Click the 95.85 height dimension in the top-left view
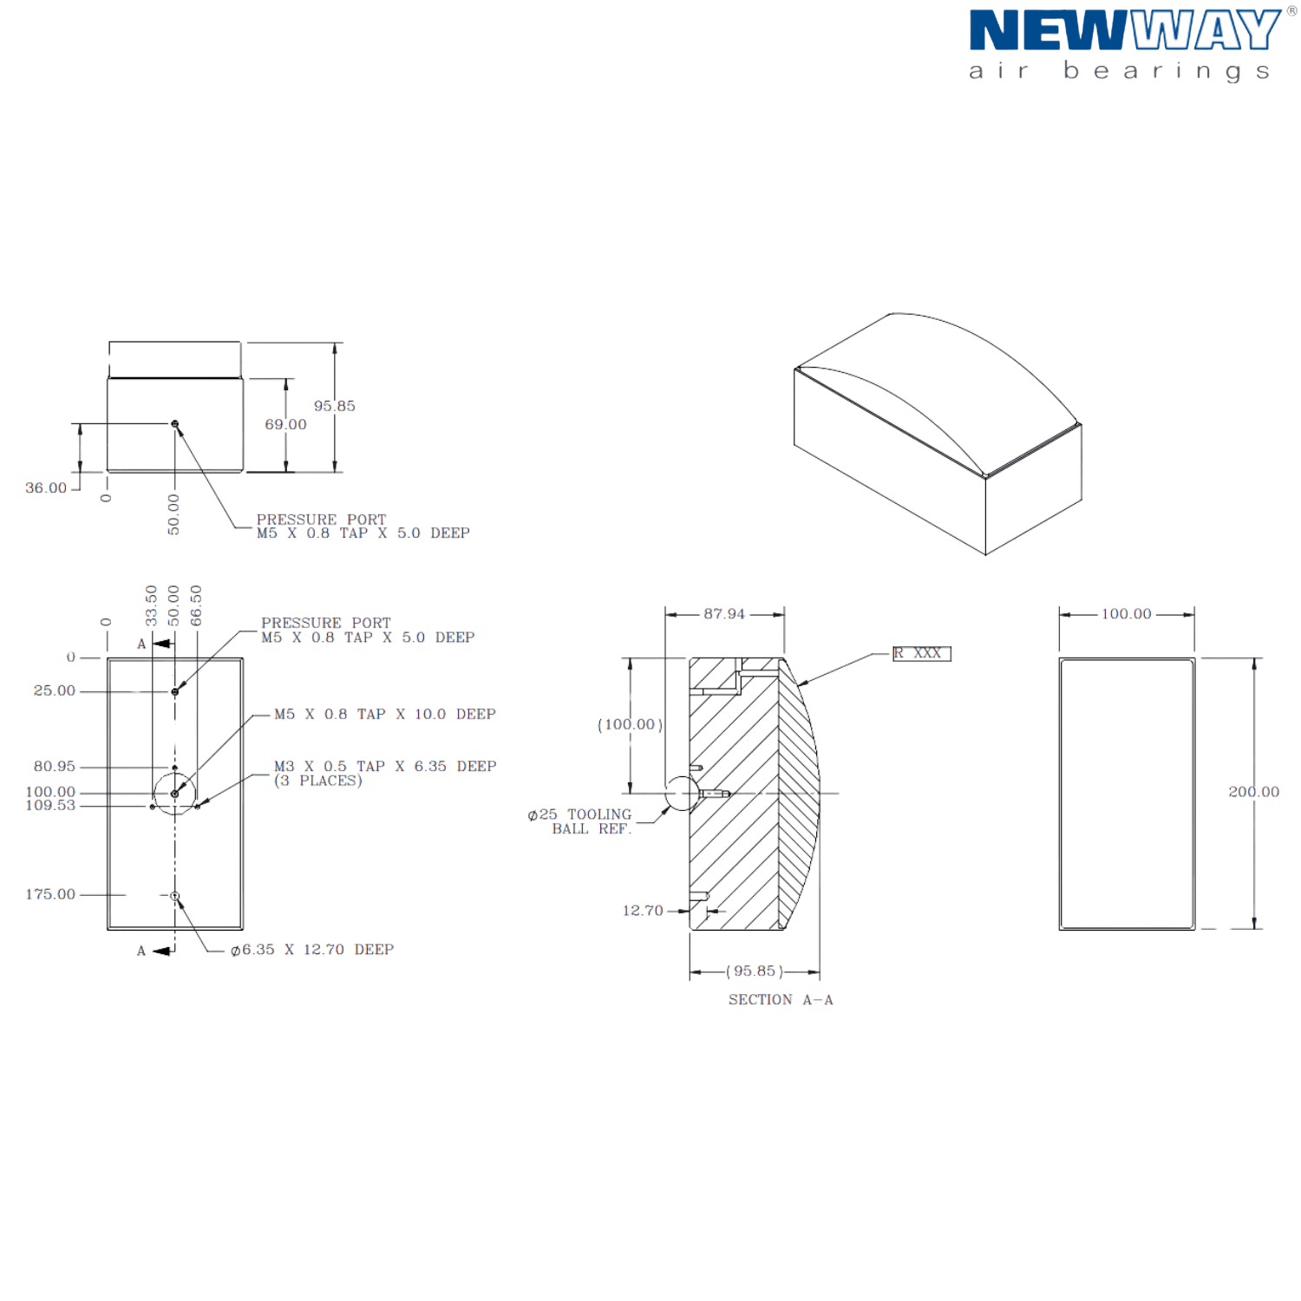click(335, 406)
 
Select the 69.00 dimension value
click(286, 424)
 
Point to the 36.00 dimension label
click(46, 487)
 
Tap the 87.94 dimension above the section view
click(724, 614)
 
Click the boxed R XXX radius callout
click(922, 653)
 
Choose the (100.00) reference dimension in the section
click(631, 724)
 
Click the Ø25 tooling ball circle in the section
click(682, 794)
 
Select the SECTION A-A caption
click(781, 1000)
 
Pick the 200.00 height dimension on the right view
click(1254, 792)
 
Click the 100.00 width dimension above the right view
click(1127, 614)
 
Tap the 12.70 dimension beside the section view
click(643, 911)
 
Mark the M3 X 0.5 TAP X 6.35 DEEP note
click(385, 774)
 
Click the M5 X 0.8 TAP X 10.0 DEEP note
click(385, 715)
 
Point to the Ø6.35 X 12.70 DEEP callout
click(312, 950)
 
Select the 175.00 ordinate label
click(50, 894)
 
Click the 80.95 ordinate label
click(55, 767)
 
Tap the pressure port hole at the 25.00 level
click(175, 692)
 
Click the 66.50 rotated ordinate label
click(196, 605)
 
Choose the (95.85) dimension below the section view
click(755, 971)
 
